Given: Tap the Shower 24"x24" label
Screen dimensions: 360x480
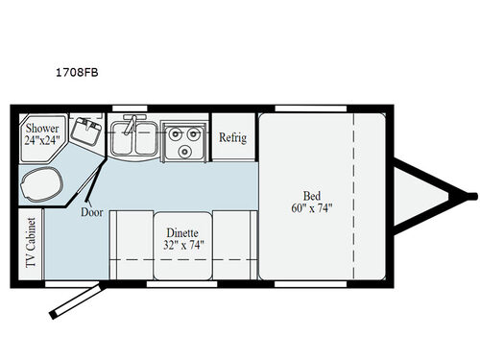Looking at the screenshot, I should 43,132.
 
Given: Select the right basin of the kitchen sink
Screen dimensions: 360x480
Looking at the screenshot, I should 145,140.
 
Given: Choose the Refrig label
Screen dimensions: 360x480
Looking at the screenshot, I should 232,137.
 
